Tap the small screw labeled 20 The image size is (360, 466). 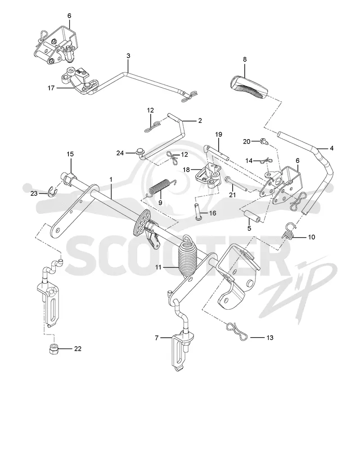pos(264,141)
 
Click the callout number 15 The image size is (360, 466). pos(70,154)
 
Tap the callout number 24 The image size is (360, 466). pos(120,153)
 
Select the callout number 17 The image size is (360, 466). pos(51,88)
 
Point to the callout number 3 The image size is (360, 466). pos(128,55)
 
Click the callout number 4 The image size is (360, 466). pos(332,148)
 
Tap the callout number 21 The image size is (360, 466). pos(232,195)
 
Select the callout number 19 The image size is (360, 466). pos(219,134)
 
